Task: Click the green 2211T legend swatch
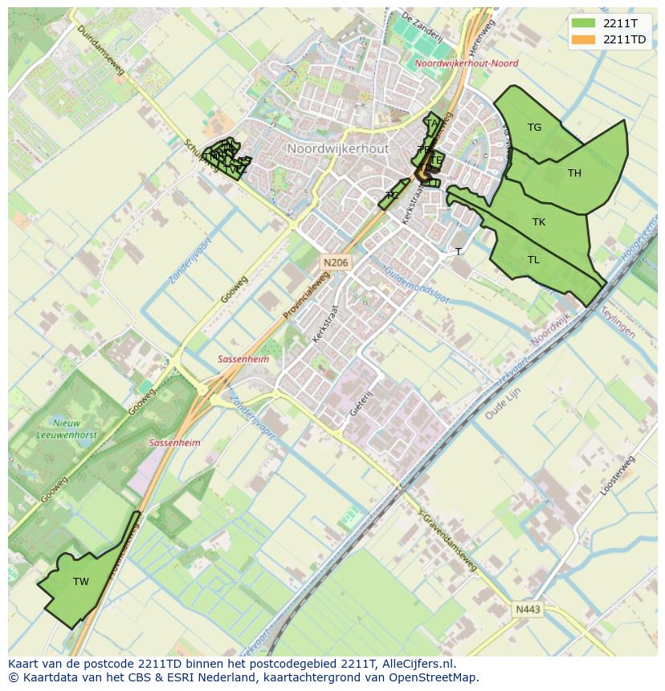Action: [x=584, y=23]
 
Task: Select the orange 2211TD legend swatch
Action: [x=584, y=39]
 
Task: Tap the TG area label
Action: [x=534, y=128]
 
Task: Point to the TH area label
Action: [x=574, y=173]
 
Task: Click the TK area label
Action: [x=538, y=222]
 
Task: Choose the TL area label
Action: [x=533, y=260]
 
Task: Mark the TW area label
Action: [x=80, y=582]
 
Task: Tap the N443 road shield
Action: [x=528, y=610]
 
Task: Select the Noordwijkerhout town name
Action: [x=337, y=149]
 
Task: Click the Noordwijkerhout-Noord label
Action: [x=466, y=63]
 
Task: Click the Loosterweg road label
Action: [x=618, y=476]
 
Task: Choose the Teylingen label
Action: [x=618, y=323]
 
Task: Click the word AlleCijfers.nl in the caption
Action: [x=418, y=664]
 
